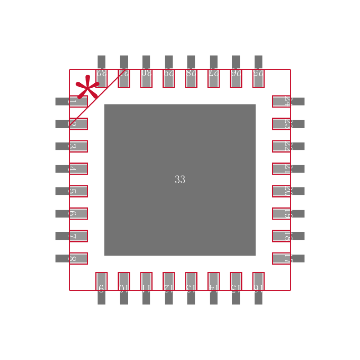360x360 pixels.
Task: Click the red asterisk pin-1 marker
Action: click(87, 87)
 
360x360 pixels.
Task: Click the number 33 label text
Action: click(180, 180)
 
